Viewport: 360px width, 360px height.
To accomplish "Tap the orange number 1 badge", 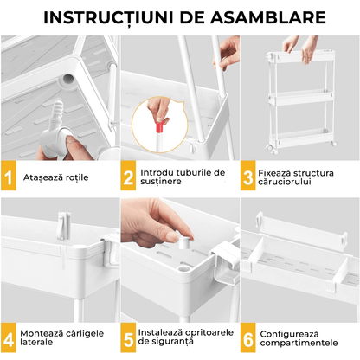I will click(10, 177).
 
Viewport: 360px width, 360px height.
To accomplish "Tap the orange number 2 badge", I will click(129, 177).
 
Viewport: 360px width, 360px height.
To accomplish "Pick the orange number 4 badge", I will click(10, 335).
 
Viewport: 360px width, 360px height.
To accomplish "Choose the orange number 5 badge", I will click(129, 335).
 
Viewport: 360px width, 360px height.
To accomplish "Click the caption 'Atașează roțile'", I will click(55, 177).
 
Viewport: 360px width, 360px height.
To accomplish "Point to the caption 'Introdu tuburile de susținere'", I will click(182, 177).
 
